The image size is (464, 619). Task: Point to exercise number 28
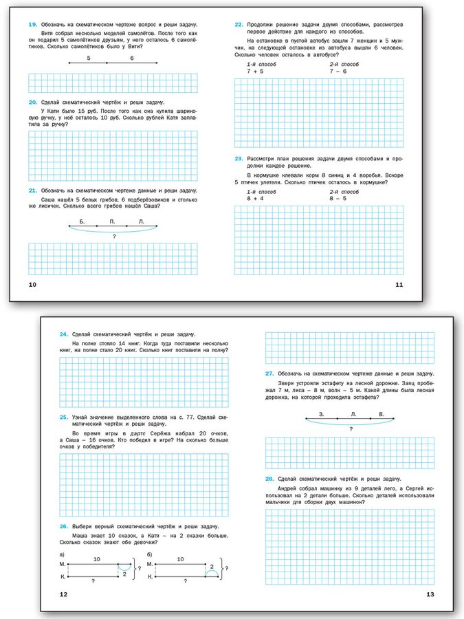(x=269, y=478)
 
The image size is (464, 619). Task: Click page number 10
(x=32, y=284)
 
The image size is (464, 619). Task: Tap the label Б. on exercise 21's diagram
(x=82, y=221)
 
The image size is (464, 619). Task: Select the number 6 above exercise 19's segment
(x=132, y=59)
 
